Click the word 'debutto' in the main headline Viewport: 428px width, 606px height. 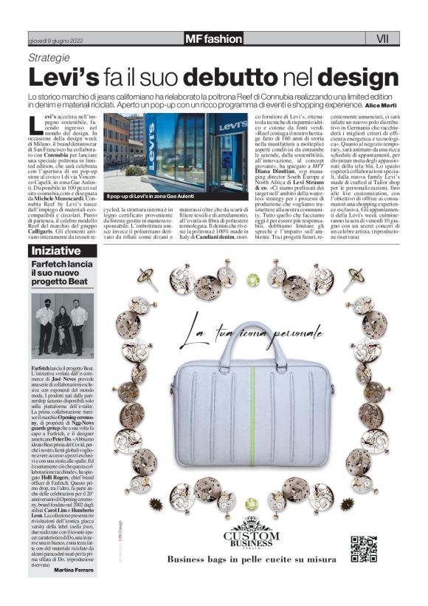(x=237, y=78)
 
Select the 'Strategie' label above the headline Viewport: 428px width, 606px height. (x=49, y=58)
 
